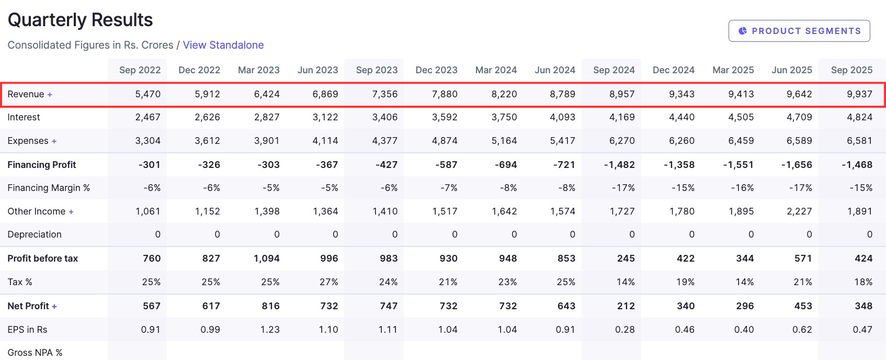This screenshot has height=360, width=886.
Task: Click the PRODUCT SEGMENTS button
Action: pos(799,31)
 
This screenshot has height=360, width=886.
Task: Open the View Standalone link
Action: pos(223,45)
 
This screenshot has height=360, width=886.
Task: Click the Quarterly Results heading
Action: pos(80,20)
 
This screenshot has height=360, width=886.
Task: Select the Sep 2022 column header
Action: pos(140,70)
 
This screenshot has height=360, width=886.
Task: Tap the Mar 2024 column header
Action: pos(496,70)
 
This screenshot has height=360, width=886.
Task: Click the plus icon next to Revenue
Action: pos(50,95)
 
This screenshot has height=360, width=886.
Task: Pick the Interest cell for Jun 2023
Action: pos(325,117)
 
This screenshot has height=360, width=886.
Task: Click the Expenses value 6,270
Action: pos(622,141)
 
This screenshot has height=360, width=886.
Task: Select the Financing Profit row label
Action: pos(42,165)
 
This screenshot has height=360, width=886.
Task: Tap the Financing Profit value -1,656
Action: pos(797,165)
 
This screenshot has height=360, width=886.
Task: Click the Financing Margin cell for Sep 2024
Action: pos(623,188)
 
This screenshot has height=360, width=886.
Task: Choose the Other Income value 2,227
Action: pos(799,211)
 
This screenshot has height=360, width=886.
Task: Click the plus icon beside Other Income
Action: pos(71,212)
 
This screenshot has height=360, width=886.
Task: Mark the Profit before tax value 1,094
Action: pos(267,258)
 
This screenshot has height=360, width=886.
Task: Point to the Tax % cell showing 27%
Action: pos(328,282)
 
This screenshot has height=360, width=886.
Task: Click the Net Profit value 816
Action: pos(270,306)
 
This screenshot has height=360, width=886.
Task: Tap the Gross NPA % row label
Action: pos(35,353)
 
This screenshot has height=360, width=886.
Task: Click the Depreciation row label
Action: pos(35,234)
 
